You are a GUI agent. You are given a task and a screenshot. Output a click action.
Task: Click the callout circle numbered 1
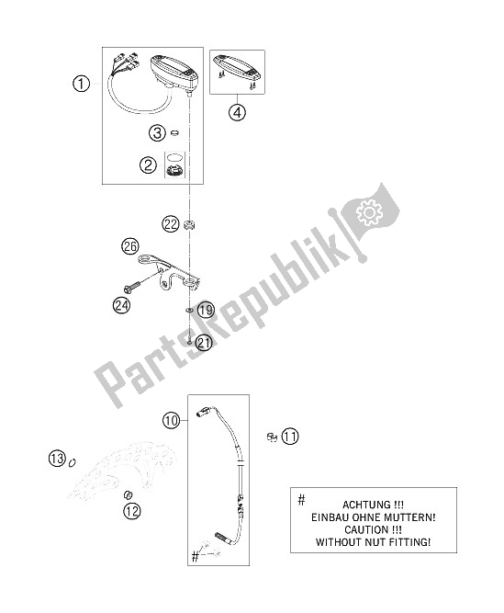[x=81, y=84]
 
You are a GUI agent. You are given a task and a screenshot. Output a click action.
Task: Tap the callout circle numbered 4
[x=238, y=113]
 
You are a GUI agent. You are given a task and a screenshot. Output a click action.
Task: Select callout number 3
[x=157, y=133]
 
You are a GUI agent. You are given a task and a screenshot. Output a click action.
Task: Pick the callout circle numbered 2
[x=148, y=165]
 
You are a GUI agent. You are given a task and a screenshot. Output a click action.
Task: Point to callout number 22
[x=171, y=224]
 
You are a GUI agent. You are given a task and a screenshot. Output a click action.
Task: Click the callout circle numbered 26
[x=130, y=246]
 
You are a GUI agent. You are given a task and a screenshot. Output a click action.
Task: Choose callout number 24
[x=121, y=304]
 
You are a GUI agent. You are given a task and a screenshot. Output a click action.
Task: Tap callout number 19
[x=206, y=311]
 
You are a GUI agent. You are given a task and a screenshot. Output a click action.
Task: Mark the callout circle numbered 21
[x=203, y=343]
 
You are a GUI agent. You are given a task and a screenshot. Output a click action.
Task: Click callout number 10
[x=172, y=421]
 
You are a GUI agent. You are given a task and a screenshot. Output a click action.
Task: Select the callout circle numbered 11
[x=290, y=436]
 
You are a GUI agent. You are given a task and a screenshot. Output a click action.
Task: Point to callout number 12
[x=132, y=511]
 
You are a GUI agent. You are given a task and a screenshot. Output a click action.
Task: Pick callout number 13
[x=57, y=458]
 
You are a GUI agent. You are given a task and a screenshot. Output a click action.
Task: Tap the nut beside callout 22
[x=189, y=225]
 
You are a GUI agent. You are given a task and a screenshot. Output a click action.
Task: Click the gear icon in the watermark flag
[x=369, y=211]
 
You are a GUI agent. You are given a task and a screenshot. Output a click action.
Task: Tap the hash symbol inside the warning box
[x=301, y=499]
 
